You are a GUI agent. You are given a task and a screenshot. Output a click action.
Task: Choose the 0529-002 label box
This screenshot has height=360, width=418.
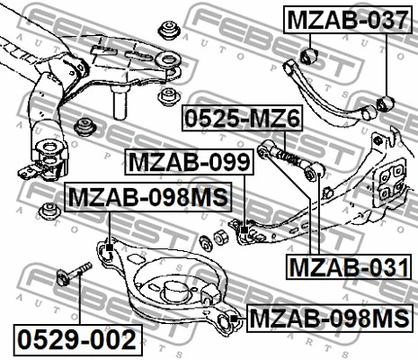(77, 340)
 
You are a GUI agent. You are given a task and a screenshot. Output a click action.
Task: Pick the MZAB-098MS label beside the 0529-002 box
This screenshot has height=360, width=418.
(329, 318)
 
